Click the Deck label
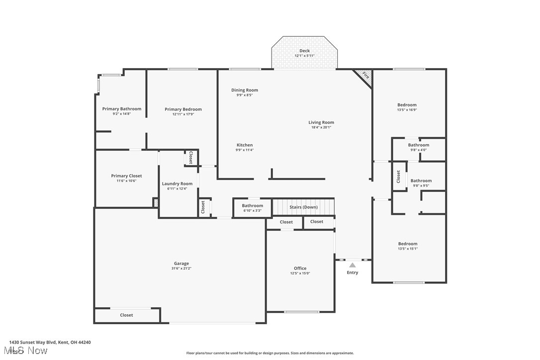[x=304, y=51]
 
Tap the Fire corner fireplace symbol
[x=365, y=76]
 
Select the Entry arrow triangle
[x=352, y=265]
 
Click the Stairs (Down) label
[x=303, y=207]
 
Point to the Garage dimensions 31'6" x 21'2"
[x=181, y=269]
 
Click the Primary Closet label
[x=126, y=176]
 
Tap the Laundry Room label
[x=177, y=183]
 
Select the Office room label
[x=300, y=268]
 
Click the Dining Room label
[x=245, y=90]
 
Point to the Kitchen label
[x=245, y=145]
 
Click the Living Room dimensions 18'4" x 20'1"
[x=321, y=127]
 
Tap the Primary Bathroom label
[x=122, y=109]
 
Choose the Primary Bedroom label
[x=183, y=109]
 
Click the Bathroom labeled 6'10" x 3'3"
[x=253, y=206]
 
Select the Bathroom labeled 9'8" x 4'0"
[x=419, y=145]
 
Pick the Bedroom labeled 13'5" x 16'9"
[x=407, y=105]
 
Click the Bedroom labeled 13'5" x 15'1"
[x=408, y=244]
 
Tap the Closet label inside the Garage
[x=126, y=315]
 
